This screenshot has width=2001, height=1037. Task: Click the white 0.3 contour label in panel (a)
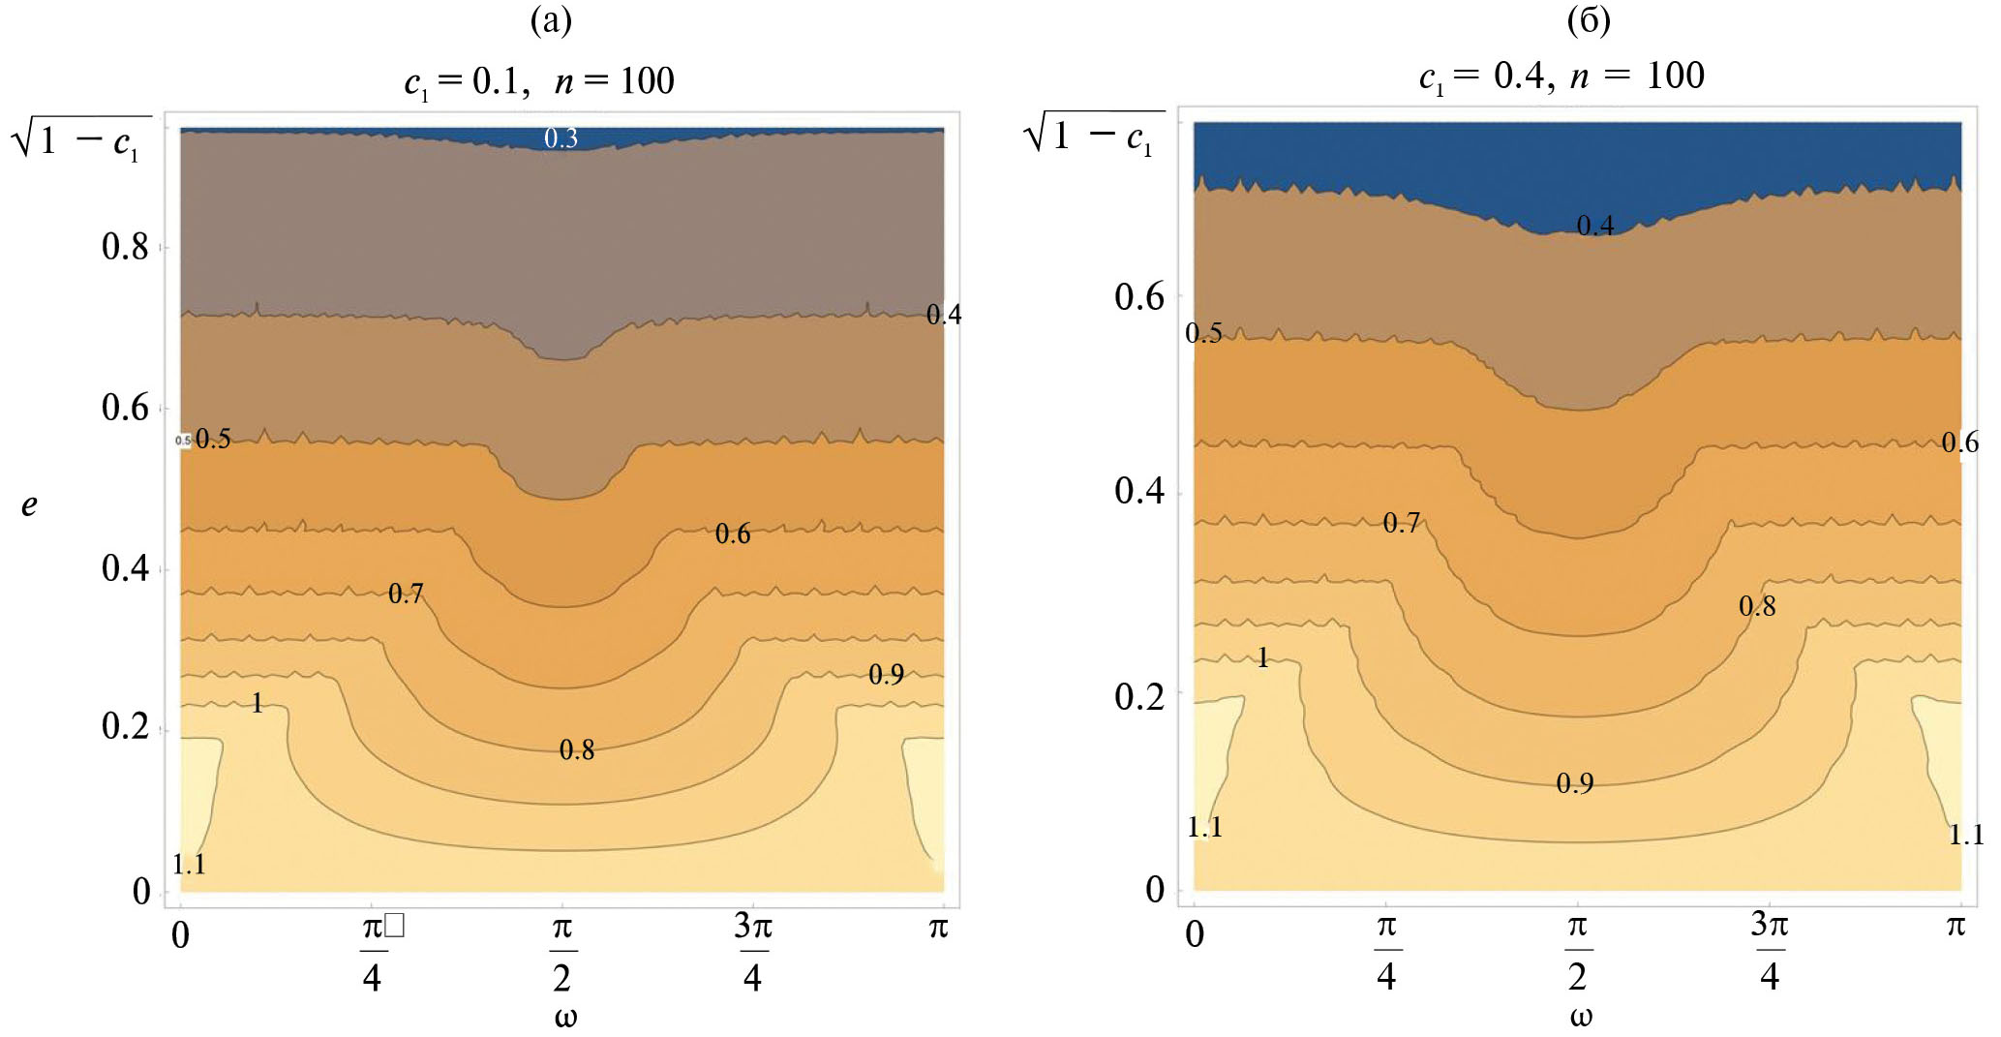coord(561,138)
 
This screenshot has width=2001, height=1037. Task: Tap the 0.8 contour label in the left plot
coord(577,749)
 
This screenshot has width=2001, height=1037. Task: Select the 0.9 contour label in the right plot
coord(1575,783)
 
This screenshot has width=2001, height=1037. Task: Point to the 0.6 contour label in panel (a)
coord(733,534)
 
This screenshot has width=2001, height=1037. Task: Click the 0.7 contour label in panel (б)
coord(1401,523)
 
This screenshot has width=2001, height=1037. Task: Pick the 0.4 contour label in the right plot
coord(1595,226)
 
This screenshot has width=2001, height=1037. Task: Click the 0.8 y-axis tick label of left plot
coord(125,247)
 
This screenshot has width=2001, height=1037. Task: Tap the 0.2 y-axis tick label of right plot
coord(1138,696)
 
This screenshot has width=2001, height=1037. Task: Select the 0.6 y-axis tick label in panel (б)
coord(1138,296)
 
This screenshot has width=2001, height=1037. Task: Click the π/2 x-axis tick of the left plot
coord(562,953)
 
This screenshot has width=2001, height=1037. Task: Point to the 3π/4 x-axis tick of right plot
coord(1770,951)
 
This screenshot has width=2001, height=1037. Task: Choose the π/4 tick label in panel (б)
coord(1386,951)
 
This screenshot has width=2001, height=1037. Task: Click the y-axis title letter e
coord(30,504)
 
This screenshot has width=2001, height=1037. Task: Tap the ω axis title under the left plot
coord(565,1017)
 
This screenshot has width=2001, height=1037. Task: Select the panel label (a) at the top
coord(552,20)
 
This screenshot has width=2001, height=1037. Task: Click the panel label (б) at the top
coord(1589,20)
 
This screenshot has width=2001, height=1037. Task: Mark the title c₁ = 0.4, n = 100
coord(1561,76)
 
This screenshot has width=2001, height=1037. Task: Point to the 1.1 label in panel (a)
coord(189,864)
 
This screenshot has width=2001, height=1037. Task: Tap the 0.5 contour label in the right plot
coord(1203,333)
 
